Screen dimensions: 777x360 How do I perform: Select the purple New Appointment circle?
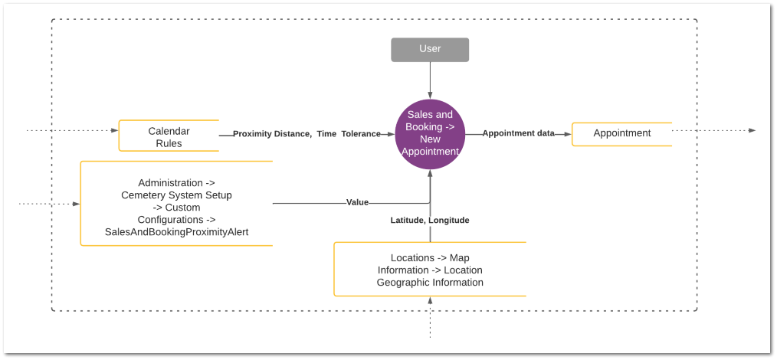click(x=430, y=133)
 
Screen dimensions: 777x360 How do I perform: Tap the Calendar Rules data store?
click(x=169, y=135)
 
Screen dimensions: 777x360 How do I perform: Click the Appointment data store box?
click(x=622, y=134)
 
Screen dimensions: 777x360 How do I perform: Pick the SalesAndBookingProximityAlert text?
click(x=176, y=231)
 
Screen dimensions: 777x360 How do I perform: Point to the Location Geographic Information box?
click(x=430, y=270)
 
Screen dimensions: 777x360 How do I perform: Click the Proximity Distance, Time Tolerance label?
click(x=307, y=134)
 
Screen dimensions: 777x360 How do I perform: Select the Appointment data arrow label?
click(x=518, y=133)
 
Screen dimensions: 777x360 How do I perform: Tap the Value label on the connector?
click(x=357, y=202)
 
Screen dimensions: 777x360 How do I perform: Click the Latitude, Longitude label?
click(x=430, y=220)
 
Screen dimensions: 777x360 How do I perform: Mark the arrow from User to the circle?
click(x=430, y=80)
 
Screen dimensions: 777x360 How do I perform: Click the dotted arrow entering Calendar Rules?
click(x=72, y=131)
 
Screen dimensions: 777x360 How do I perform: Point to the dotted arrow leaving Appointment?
click(x=714, y=130)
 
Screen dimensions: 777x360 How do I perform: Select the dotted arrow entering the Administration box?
click(x=49, y=204)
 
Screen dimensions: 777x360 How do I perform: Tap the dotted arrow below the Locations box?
click(x=430, y=317)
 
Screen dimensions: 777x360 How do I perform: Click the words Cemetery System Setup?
click(x=176, y=195)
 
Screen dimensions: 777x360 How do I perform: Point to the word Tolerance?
click(x=361, y=134)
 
